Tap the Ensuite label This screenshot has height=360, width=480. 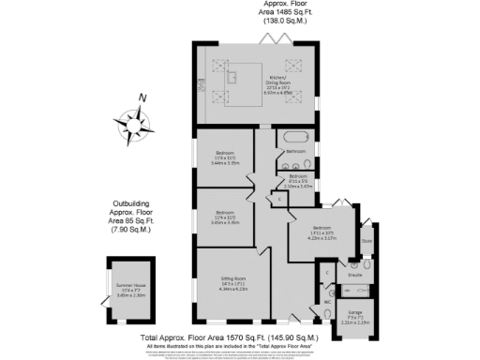tap(355, 275)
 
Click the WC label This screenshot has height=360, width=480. tap(326, 303)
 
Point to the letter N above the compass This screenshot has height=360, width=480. tap(142, 97)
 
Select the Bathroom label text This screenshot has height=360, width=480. tap(296, 151)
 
